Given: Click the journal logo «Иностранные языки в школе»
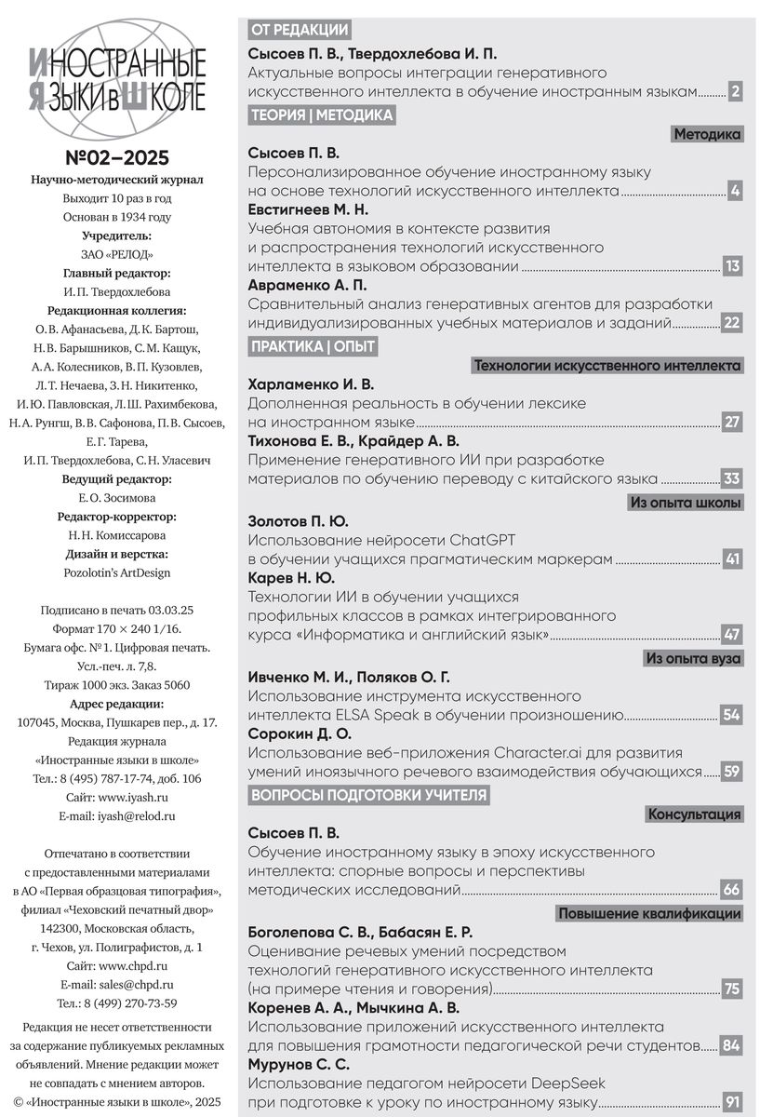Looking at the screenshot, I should [117, 77].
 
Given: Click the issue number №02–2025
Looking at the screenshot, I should [117, 157].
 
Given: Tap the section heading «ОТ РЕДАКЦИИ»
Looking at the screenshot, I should [300, 30].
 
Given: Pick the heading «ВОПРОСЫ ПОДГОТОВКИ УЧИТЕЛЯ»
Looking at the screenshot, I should [369, 794].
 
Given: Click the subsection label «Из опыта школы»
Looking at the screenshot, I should [686, 504].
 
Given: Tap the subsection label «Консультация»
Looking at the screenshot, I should [694, 814].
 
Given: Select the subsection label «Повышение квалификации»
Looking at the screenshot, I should [649, 913].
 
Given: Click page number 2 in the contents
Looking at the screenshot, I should [735, 91].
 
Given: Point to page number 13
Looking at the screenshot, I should [732, 267].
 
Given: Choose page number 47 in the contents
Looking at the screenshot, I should [732, 635].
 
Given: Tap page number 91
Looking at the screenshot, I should [732, 1103].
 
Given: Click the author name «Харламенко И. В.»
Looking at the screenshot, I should [312, 384].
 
